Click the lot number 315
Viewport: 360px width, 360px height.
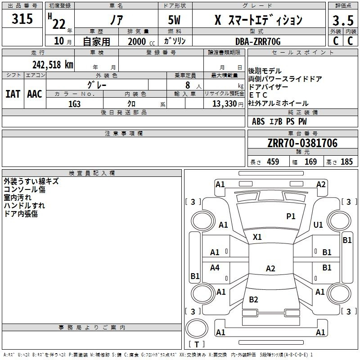pyautogui.click(x=22, y=18)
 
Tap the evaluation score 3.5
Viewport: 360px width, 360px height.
pyautogui.click(x=343, y=20)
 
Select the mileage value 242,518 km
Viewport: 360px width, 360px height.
pyautogui.click(x=53, y=64)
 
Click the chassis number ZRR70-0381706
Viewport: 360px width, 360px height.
pyautogui.click(x=302, y=143)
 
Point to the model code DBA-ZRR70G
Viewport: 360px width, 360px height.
pyautogui.click(x=258, y=41)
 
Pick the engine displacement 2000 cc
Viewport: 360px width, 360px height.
pyautogui.click(x=141, y=41)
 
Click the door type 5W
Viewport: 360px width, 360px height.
pyautogui.click(x=174, y=20)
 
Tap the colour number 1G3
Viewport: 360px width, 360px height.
pyautogui.click(x=74, y=104)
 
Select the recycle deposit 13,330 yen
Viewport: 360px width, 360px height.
pyautogui.click(x=228, y=104)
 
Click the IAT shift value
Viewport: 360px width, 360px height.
pyautogui.click(x=13, y=94)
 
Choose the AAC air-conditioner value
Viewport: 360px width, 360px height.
pyautogui.click(x=35, y=94)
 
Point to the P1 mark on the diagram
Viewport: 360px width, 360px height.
pyautogui.click(x=291, y=216)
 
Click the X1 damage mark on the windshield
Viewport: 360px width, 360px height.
pyautogui.click(x=257, y=237)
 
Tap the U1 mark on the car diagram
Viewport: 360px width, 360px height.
pyautogui.click(x=318, y=225)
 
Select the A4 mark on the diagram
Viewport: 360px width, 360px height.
pyautogui.click(x=215, y=267)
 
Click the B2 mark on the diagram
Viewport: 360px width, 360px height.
pyautogui.click(x=253, y=299)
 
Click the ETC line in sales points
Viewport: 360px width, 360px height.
pyautogui.click(x=258, y=95)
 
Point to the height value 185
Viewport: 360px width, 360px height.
pyautogui.click(x=346, y=162)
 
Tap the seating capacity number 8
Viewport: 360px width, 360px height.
pyautogui.click(x=188, y=85)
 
